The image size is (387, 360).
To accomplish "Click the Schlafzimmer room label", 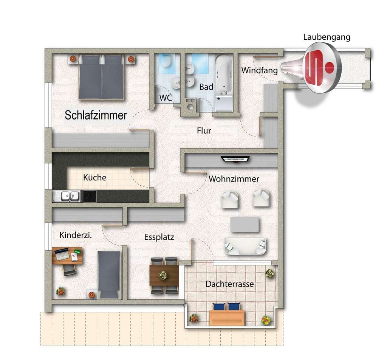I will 96,115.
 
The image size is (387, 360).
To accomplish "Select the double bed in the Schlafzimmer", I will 101,77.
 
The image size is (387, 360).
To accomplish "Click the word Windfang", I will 259,70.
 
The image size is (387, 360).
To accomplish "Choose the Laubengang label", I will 327,37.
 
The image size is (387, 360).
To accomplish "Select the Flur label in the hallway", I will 204,131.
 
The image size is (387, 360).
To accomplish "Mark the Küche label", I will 94,177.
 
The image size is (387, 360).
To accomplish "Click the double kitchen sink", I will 67,196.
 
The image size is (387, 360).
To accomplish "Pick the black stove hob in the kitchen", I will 90,196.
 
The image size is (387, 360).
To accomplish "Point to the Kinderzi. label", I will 76,235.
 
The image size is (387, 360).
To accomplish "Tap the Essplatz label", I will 159,237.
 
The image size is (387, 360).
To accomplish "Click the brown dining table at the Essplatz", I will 164,275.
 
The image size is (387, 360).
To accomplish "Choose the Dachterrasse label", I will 229,284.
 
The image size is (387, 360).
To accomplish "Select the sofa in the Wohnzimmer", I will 245,246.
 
